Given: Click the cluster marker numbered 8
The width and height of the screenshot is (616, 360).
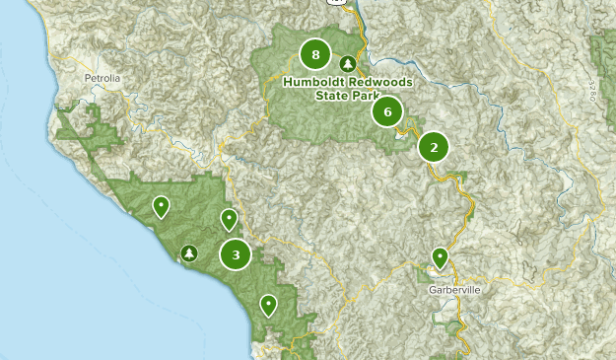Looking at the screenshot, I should point(315,54).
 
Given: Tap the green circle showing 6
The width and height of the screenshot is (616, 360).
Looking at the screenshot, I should point(387,111).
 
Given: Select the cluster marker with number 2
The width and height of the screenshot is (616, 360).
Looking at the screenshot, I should point(433,148).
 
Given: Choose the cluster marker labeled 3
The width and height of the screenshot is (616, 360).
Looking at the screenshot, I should point(236,255).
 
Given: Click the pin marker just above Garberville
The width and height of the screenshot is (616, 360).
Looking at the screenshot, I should point(440,257).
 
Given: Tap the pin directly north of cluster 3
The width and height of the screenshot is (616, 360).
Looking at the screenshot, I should point(229,219).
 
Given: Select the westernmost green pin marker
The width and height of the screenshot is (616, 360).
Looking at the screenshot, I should point(160,206).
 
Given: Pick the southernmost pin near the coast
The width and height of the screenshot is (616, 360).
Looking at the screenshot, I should point(268,305).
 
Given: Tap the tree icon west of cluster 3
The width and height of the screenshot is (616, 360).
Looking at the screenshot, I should point(188,253).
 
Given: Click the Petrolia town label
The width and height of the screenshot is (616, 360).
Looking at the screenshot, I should point(102,76).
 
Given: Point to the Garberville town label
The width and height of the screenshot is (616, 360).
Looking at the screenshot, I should point(454,290).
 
